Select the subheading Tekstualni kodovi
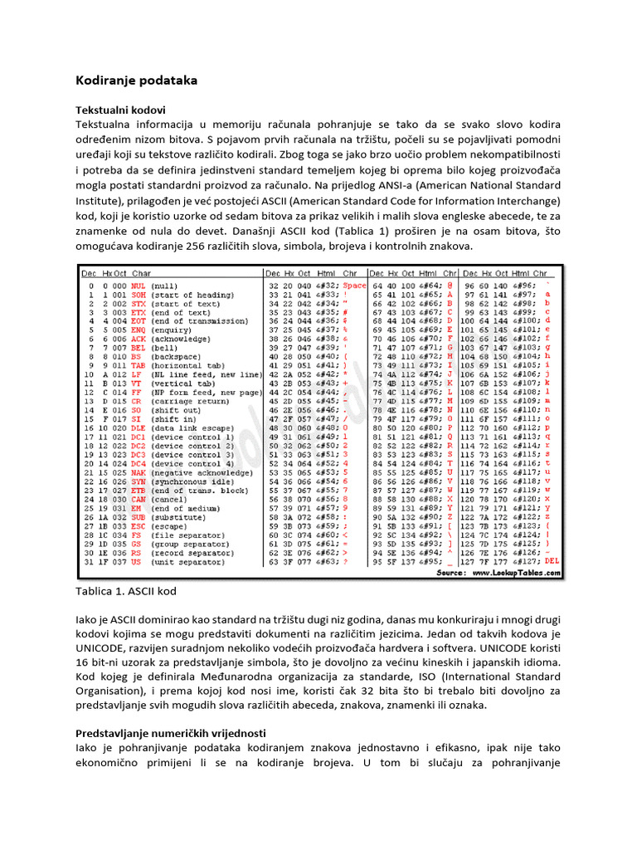(x=120, y=110)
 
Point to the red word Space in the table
(x=353, y=286)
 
